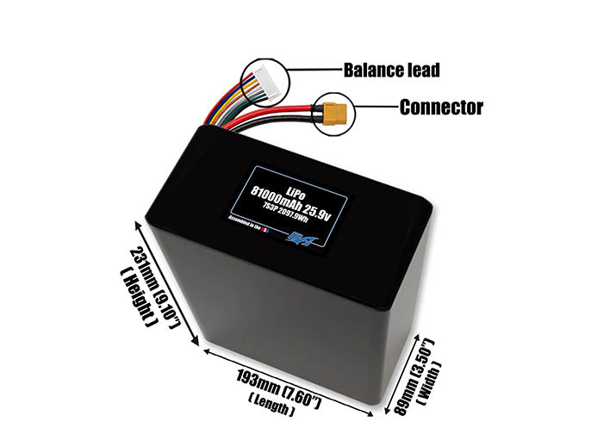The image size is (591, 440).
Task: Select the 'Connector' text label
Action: (x=440, y=108)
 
